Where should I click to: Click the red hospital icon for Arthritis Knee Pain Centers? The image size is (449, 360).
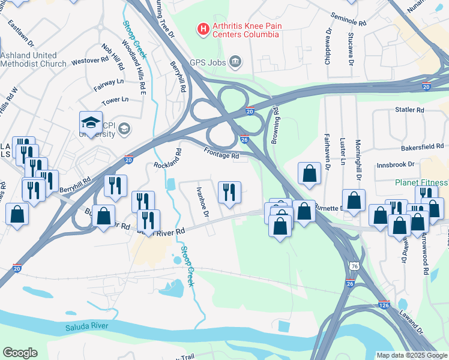203,28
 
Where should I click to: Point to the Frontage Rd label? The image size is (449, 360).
221,154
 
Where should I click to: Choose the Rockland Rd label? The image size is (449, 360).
167,157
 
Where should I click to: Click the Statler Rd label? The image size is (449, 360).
409,110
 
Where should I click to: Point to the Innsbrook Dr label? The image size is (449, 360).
396,164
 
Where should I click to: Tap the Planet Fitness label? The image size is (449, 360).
421,182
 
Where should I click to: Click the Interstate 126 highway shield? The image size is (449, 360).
384,305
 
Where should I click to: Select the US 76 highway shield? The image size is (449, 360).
354,264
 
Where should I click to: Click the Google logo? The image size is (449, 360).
20,353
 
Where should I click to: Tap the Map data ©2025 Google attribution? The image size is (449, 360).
411,355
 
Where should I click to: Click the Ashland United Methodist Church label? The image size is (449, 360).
33,59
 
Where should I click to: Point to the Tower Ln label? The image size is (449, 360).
116,100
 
